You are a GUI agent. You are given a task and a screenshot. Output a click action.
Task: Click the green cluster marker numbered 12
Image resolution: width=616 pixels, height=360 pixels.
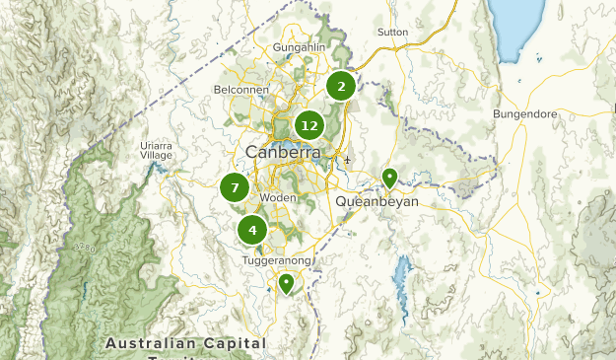309,125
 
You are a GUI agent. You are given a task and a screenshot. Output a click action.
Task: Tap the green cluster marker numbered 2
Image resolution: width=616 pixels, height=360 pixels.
341,87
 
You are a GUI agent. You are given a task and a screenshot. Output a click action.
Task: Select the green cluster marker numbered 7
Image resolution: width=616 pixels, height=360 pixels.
235,186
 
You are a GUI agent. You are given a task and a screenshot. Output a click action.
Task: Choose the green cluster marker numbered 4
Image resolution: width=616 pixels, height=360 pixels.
252,231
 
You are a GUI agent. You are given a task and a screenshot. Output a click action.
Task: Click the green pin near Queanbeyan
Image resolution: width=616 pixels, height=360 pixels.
389,178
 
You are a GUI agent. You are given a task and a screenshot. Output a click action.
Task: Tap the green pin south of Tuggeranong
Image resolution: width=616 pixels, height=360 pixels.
286,283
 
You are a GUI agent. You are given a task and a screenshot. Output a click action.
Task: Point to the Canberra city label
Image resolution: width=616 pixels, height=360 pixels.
278,154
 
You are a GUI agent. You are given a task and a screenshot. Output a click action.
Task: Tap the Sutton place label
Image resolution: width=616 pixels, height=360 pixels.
392,32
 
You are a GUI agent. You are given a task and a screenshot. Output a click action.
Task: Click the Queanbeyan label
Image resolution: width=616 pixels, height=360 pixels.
377,201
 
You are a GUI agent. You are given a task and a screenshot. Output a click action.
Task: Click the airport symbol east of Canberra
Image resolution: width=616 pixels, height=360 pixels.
347,160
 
